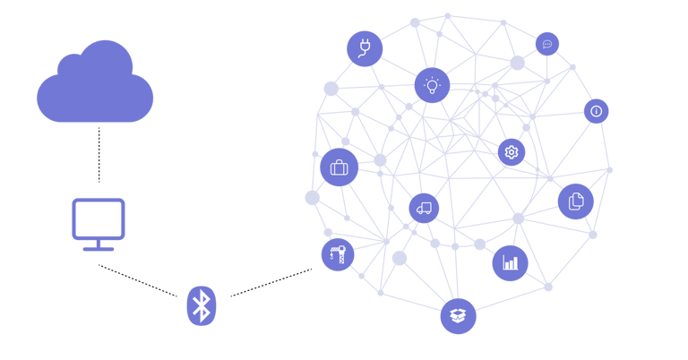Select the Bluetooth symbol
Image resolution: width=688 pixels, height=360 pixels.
tap(202, 305)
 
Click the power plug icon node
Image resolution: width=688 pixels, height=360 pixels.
tap(365, 48)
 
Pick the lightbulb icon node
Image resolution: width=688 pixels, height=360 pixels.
tap(432, 86)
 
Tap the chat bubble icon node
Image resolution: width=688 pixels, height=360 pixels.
tap(547, 44)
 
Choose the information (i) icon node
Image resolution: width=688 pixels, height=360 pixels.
tap(596, 111)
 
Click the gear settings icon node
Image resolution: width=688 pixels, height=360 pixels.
tap(512, 152)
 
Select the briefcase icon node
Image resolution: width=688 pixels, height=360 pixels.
tap(339, 167)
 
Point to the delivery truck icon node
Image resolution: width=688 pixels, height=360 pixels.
tap(424, 209)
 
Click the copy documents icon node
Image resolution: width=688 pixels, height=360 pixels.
tap(575, 201)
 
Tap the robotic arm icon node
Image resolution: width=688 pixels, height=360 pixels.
tap(338, 255)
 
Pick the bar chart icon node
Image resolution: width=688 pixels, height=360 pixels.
tap(510, 263)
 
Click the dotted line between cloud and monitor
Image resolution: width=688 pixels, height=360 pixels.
tap(99, 154)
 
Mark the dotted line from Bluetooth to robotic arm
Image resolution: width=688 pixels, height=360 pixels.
tap(271, 282)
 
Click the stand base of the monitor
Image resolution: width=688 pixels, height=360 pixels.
tap(99, 246)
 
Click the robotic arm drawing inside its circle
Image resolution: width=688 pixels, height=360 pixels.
tap(338, 255)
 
